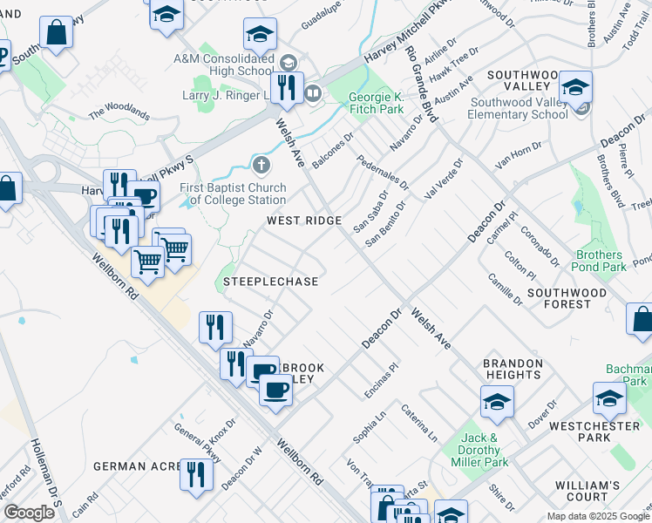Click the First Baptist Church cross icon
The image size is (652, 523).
(x=261, y=165)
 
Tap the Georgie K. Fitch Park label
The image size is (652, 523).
(x=377, y=103)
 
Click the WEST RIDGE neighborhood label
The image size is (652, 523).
(x=303, y=221)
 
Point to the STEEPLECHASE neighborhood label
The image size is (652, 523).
(x=270, y=282)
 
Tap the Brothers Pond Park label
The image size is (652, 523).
(x=600, y=261)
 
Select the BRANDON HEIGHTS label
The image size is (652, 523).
(x=513, y=369)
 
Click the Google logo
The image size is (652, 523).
(x=29, y=513)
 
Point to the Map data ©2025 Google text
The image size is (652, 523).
(x=597, y=516)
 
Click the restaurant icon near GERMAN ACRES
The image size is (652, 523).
(x=195, y=475)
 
